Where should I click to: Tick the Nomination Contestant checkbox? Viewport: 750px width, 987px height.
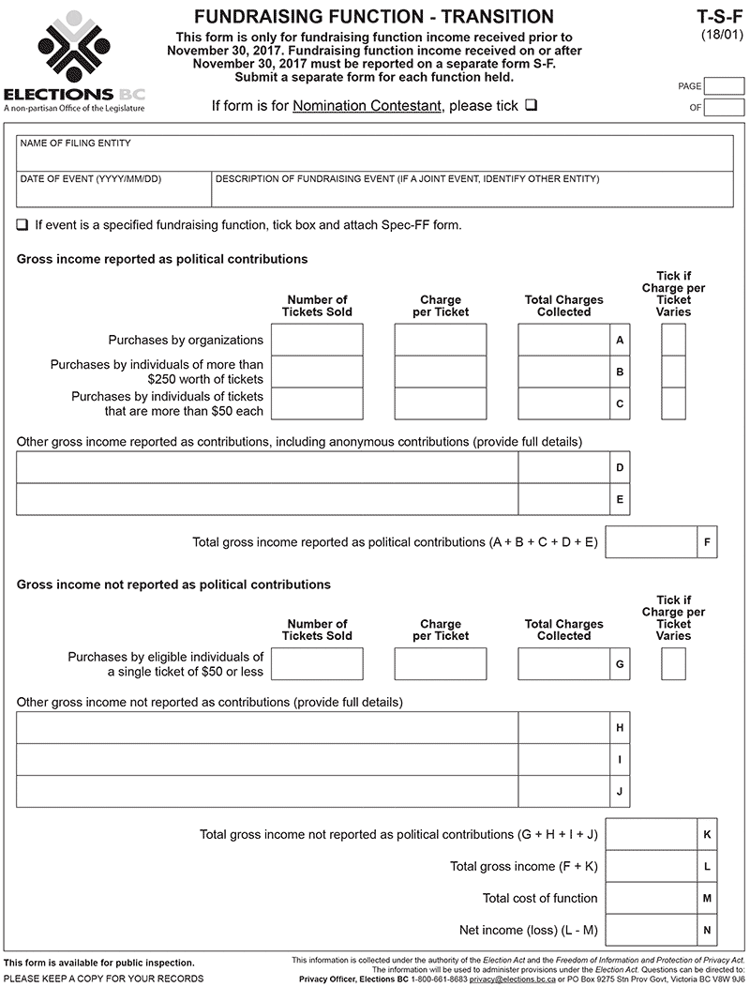pyautogui.click(x=532, y=105)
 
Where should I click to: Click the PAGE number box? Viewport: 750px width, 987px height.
pyautogui.click(x=724, y=86)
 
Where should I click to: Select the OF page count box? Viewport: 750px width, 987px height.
pyautogui.click(x=724, y=107)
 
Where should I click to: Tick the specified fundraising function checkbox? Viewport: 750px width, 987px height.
pyautogui.click(x=22, y=225)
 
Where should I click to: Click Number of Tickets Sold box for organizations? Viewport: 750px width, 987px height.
pyautogui.click(x=317, y=340)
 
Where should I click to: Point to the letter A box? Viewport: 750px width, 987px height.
pyautogui.click(x=620, y=340)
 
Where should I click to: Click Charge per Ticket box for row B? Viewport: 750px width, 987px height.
pyautogui.click(x=441, y=372)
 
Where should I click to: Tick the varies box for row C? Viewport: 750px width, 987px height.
pyautogui.click(x=673, y=403)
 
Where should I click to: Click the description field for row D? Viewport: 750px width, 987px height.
pyautogui.click(x=267, y=467)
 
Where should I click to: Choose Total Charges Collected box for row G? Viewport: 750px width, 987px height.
pyautogui.click(x=563, y=663)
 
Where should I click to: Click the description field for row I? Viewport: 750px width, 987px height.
pyautogui.click(x=267, y=759)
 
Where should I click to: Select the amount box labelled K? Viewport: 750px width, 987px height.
pyautogui.click(x=652, y=834)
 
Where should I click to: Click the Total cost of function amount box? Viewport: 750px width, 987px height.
pyautogui.click(x=652, y=898)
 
